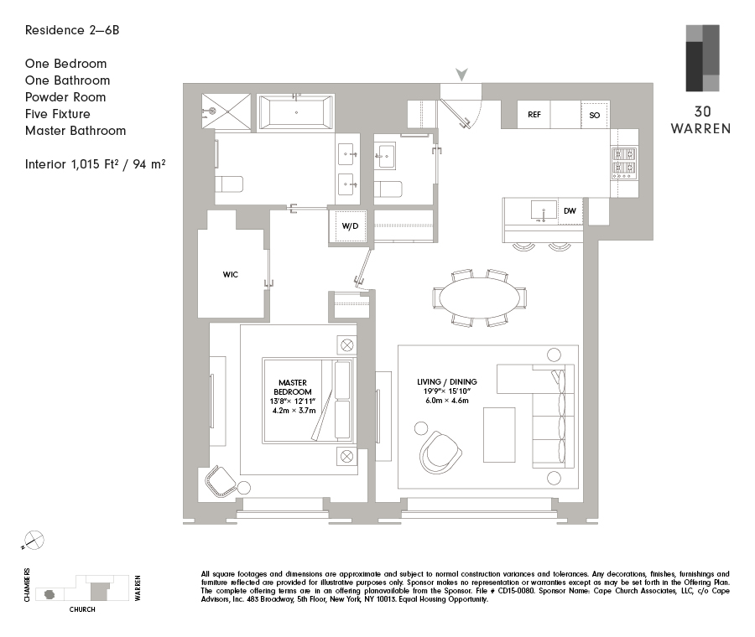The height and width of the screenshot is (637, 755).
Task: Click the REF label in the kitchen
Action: pyautogui.click(x=534, y=115)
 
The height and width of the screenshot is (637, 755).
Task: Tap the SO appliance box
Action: pyautogui.click(x=595, y=115)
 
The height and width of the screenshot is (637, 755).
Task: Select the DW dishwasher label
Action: pyautogui.click(x=570, y=211)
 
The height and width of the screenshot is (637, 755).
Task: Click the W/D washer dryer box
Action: pyautogui.click(x=349, y=225)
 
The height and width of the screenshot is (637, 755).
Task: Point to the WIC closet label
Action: pyautogui.click(x=231, y=274)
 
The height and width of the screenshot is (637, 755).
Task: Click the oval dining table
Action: pyautogui.click(x=480, y=298)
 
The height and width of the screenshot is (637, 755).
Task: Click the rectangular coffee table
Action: pyautogui.click(x=499, y=433)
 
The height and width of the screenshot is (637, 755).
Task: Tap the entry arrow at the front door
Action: pyautogui.click(x=461, y=75)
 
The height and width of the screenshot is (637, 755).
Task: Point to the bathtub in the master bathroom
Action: pyautogui.click(x=296, y=111)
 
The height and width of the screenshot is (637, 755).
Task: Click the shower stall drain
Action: pyautogui.click(x=212, y=111)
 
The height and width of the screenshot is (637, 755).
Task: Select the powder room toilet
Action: pyautogui.click(x=388, y=188)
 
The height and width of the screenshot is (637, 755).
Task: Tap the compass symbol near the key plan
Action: pyautogui.click(x=34, y=541)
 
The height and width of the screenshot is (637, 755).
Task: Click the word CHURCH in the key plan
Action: pyautogui.click(x=82, y=609)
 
